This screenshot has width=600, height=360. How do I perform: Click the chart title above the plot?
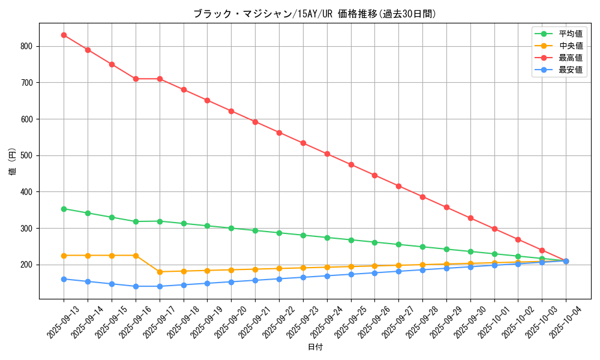314,14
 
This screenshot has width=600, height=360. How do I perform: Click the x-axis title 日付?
315,347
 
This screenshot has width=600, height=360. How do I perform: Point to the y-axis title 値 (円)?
13,161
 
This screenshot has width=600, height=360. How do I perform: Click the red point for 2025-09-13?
64,35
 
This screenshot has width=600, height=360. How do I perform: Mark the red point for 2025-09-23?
303,143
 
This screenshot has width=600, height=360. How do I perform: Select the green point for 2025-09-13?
64,209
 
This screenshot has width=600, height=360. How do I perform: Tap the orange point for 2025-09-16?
136,256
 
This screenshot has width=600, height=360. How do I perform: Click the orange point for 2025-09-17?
160,272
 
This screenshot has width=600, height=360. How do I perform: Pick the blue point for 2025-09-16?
136,286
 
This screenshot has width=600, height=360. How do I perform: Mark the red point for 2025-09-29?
446,207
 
